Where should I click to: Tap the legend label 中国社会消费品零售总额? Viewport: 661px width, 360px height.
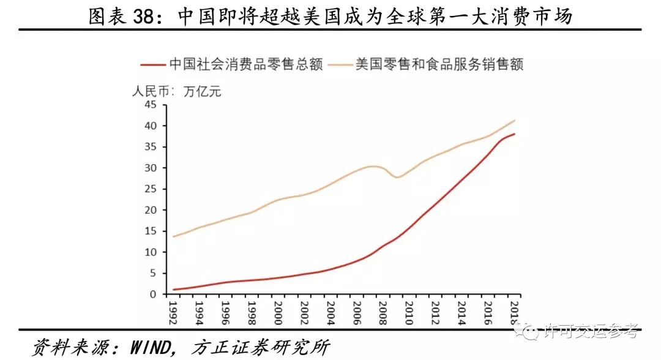(245, 64)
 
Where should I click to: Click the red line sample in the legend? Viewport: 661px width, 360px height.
(152, 64)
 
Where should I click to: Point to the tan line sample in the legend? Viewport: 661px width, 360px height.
(341, 64)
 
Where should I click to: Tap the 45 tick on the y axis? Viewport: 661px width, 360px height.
(151, 105)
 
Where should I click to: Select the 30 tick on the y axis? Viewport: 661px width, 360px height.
(151, 168)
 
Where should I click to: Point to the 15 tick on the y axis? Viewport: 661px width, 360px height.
(151, 231)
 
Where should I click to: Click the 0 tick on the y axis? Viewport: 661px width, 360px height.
(154, 294)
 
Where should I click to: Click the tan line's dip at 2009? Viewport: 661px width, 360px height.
(397, 177)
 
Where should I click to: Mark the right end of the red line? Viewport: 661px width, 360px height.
(515, 134)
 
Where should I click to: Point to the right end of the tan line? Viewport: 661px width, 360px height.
(515, 120)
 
